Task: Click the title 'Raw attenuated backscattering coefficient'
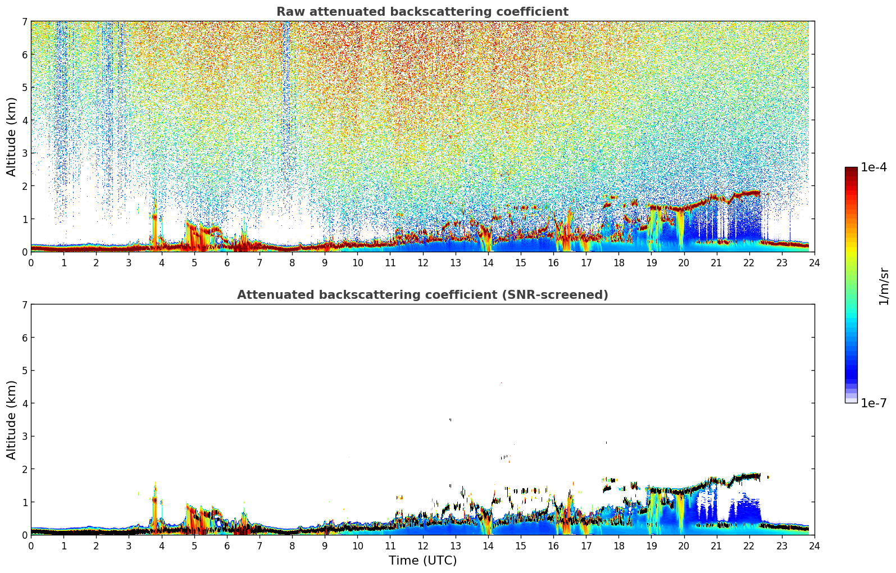click(422, 12)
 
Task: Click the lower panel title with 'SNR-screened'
click(422, 295)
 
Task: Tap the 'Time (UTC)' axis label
click(422, 560)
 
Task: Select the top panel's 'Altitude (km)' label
click(12, 137)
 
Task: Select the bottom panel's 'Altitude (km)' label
click(12, 420)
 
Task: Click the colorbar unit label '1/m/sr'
click(884, 286)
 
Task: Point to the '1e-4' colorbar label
click(874, 167)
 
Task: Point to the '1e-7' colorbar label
click(874, 403)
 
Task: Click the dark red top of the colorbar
click(851, 170)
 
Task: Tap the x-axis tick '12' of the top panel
click(422, 262)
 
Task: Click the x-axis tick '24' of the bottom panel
click(815, 545)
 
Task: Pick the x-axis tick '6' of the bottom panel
click(227, 545)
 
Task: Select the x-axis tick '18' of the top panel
click(618, 262)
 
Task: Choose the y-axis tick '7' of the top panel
click(25, 21)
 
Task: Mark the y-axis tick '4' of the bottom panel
click(25, 403)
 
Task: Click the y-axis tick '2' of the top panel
click(25, 186)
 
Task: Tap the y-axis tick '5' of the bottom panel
click(25, 370)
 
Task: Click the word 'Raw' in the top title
click(289, 12)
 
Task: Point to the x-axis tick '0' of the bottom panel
click(31, 545)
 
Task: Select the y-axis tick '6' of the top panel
click(25, 54)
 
